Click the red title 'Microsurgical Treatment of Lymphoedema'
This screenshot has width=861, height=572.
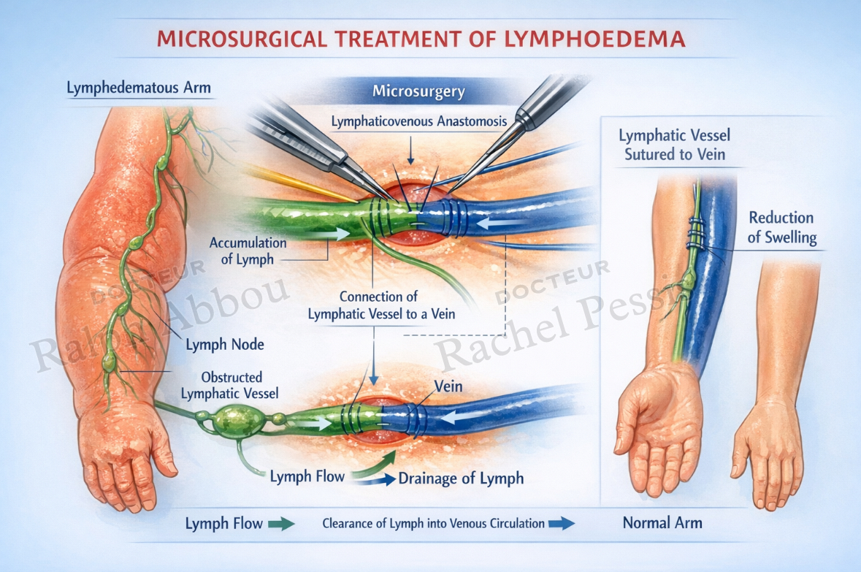421,39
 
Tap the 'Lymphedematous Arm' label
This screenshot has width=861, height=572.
138,88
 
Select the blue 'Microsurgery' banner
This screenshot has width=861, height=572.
418,91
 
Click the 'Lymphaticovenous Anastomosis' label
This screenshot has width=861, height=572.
419,121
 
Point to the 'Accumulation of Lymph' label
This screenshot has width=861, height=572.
248,251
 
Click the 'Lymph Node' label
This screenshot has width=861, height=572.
225,345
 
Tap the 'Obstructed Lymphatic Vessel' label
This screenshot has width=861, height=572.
230,385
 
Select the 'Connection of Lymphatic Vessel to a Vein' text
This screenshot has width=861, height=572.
381,305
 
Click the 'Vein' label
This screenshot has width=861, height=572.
448,386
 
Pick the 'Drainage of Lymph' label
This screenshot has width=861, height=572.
461,478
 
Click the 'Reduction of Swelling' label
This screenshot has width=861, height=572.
782,227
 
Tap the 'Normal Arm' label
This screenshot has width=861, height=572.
662,522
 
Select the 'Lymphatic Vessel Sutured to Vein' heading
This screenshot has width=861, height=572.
674,145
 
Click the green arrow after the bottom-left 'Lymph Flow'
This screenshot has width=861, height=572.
281,525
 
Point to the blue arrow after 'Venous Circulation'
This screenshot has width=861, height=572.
561,523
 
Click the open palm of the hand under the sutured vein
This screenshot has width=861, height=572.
657,418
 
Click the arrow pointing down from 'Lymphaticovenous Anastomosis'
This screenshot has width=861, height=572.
410,149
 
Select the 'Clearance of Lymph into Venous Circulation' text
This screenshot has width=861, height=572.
433,523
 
